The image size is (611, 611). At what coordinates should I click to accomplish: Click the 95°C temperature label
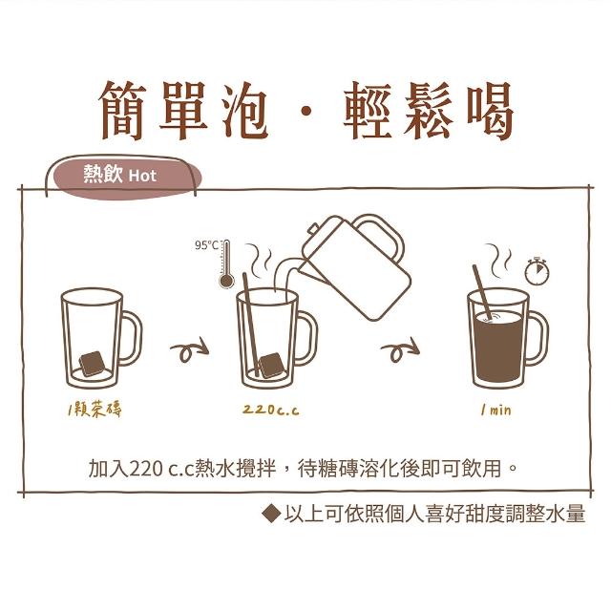206,245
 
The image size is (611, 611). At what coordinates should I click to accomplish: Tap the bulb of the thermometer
226,281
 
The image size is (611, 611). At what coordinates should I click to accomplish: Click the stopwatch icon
537,271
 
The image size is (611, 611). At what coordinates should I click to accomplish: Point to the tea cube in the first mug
93,364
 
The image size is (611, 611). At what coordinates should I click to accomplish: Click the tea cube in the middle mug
270,366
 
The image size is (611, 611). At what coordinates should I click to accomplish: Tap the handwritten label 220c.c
271,410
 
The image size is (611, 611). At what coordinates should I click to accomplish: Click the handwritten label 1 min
495,410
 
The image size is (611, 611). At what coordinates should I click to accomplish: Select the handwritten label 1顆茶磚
95,410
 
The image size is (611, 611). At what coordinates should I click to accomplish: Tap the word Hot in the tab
142,176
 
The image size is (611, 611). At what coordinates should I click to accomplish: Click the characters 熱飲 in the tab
103,174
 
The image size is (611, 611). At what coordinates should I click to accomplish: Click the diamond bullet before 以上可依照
271,514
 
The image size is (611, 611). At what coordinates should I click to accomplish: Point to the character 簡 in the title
122,111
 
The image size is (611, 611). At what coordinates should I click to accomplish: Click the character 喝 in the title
490,111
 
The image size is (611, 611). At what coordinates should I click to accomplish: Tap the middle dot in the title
306,112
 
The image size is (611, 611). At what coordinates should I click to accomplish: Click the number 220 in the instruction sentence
146,469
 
